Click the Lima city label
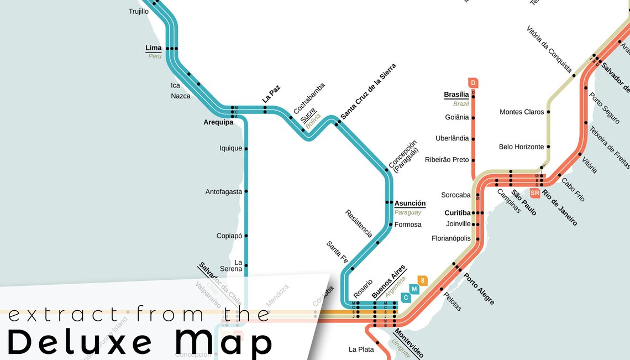(154, 48)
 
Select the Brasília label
(456, 95)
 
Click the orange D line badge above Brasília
(473, 83)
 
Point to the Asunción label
(410, 204)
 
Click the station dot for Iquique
(246, 149)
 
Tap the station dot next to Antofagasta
(246, 192)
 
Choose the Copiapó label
(229, 236)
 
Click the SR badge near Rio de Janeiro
(534, 193)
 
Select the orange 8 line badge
(423, 280)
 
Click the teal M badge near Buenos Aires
(414, 289)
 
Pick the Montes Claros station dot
(549, 112)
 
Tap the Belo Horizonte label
(521, 147)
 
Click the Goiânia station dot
(473, 118)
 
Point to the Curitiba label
(458, 213)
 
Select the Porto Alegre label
(479, 289)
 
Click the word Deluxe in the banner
(80, 341)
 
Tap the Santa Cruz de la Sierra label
(369, 91)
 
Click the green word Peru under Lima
(155, 56)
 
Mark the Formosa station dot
(390, 225)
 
